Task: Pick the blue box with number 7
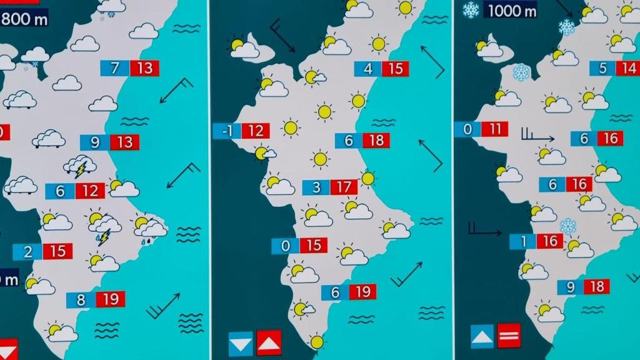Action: [115, 67]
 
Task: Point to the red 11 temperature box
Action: [496, 129]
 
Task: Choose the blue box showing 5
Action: [602, 68]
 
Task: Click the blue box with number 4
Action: [367, 69]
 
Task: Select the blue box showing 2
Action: [27, 251]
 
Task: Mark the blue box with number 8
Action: [81, 299]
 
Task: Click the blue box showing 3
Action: [316, 187]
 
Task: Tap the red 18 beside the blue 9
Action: [597, 286]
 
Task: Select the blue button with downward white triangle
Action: [241, 343]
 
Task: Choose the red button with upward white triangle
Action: [269, 342]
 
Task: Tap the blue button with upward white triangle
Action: [482, 336]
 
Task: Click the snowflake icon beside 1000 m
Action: [470, 9]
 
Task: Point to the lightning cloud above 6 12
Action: [80, 166]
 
